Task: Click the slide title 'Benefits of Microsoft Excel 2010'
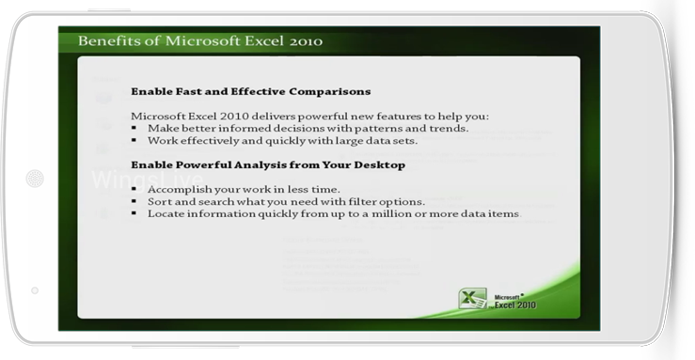point(200,40)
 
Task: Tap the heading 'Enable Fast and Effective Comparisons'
point(251,92)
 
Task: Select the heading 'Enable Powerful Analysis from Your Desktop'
point(268,165)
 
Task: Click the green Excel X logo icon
point(472,298)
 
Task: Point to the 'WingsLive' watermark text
point(148,180)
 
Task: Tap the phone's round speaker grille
point(35,179)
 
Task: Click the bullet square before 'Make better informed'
point(134,129)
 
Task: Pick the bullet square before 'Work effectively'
point(134,141)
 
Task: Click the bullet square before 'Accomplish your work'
point(134,190)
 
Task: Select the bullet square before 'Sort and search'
point(134,201)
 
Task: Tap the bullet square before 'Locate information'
point(134,214)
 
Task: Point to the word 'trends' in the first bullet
point(449,129)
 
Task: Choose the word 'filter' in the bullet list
point(362,201)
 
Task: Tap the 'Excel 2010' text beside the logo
point(515,305)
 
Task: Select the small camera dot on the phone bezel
point(35,290)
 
